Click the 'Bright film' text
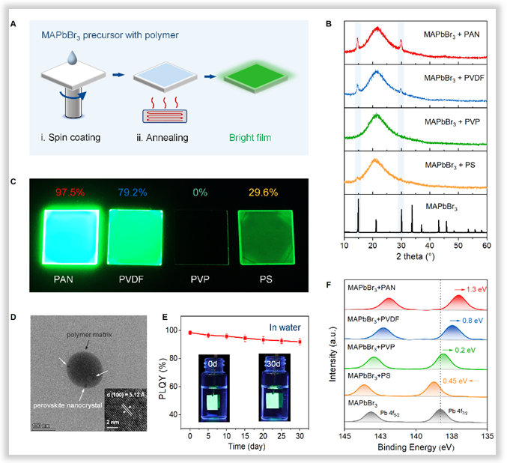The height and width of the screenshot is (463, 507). (242, 137)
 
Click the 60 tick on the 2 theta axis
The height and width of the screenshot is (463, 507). (486, 245)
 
